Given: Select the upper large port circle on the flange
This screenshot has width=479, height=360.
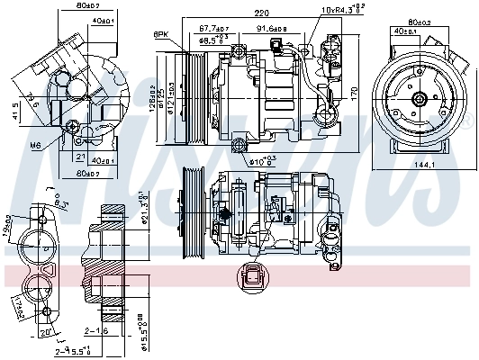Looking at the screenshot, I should (x=41, y=242).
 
